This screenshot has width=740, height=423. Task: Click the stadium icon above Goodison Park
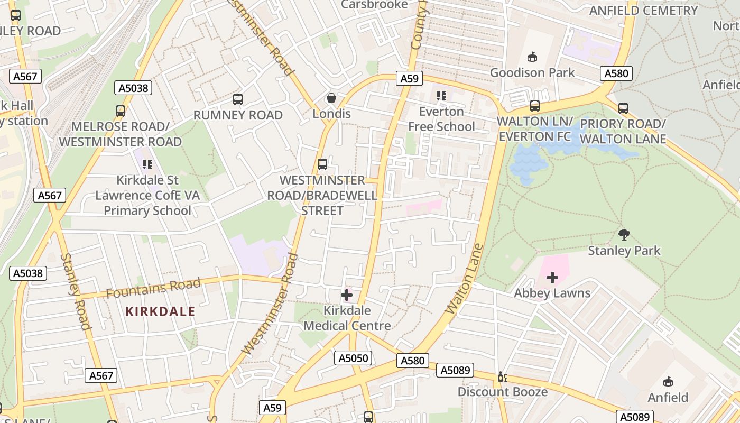[532, 57]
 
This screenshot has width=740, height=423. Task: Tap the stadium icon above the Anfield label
[668, 382]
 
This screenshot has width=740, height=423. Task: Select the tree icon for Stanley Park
[624, 234]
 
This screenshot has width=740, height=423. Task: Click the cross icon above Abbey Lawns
[552, 277]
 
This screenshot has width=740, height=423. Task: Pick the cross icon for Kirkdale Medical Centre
[347, 295]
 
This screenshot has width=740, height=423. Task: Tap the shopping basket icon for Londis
[331, 98]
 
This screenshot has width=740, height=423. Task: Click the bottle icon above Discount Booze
[502, 376]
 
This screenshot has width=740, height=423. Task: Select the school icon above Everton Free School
[441, 96]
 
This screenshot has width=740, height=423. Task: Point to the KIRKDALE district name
[160, 311]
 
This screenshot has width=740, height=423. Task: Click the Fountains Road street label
[153, 288]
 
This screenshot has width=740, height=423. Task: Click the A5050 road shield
[353, 358]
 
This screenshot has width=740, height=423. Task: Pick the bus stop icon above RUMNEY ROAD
[238, 99]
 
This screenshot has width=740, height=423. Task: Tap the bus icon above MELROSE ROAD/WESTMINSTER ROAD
[121, 111]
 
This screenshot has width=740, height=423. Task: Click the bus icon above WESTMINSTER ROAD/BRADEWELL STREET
[322, 164]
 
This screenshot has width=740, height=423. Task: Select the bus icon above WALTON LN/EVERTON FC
[535, 106]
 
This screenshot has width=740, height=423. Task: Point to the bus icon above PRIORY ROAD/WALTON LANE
[623, 108]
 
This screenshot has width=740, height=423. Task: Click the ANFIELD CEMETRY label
[643, 11]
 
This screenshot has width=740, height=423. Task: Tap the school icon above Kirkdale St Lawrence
[147, 164]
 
